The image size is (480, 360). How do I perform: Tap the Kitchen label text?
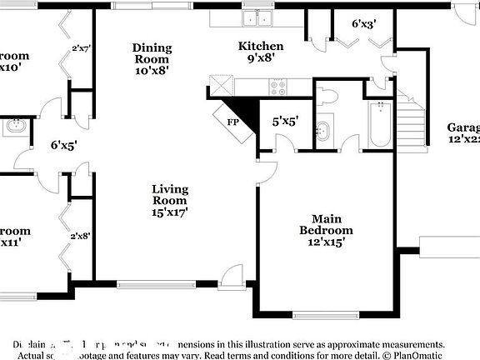pos(261,52)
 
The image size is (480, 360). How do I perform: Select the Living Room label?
pos(169,201)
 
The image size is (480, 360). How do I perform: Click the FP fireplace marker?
pos(234,121)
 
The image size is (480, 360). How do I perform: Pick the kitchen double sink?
pos(257,18)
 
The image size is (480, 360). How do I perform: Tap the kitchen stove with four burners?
pos(278,85)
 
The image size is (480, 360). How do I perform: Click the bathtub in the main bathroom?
pos(381,124)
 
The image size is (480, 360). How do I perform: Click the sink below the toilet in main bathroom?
pos(324,132)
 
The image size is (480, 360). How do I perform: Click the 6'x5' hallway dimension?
pos(63,145)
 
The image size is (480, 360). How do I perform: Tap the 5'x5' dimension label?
pos(284,122)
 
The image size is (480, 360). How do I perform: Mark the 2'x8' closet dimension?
pos(81,236)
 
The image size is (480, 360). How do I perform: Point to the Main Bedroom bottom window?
pos(321,316)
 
